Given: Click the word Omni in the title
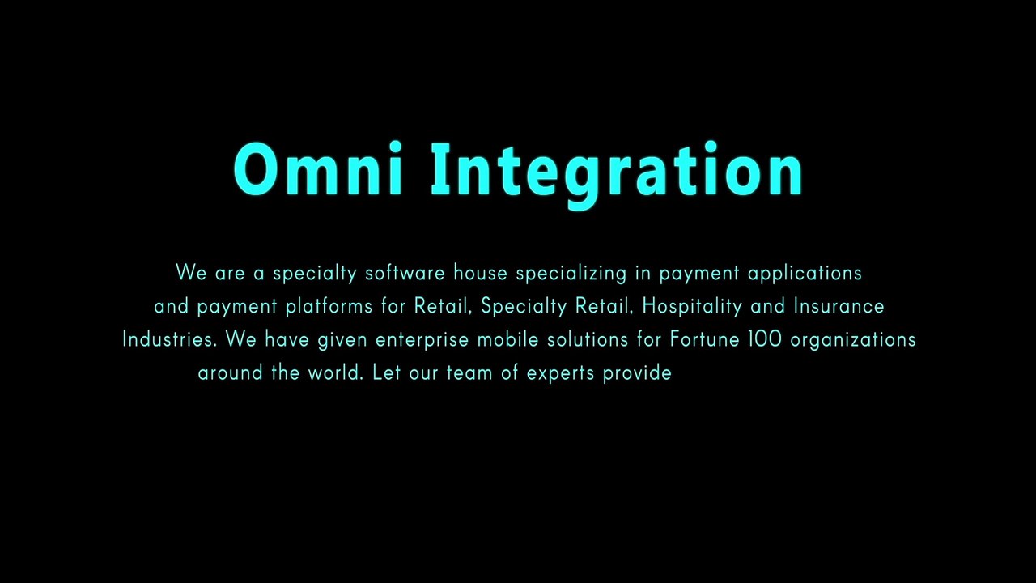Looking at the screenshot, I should (x=318, y=170).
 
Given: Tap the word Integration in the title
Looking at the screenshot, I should (x=617, y=172).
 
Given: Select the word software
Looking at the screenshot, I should (x=405, y=274).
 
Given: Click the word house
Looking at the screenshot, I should (x=480, y=274).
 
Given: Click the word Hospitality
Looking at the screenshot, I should (x=692, y=307).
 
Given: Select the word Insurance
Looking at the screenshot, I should (x=839, y=307).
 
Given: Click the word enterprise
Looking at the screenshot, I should (x=422, y=340).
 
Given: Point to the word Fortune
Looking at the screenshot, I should (x=704, y=339).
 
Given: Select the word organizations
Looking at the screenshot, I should (x=853, y=340).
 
